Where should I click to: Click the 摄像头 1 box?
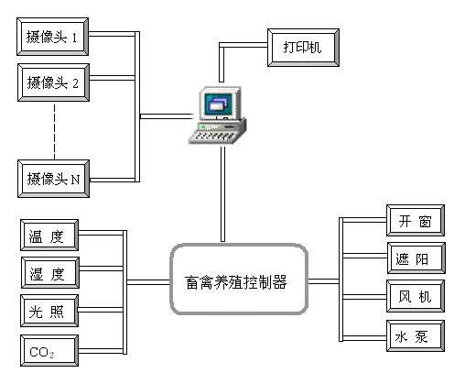pyautogui.click(x=52, y=37)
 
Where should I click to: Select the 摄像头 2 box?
pyautogui.click(x=53, y=82)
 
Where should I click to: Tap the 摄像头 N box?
pyautogui.click(x=53, y=179)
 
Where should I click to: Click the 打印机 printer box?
pyautogui.click(x=303, y=48)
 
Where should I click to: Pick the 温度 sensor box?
pyautogui.click(x=49, y=235)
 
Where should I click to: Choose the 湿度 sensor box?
pyautogui.click(x=50, y=272)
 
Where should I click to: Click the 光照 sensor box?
pyautogui.click(x=49, y=311)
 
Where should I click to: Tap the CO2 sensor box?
pyautogui.click(x=49, y=351)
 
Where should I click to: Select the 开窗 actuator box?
pyautogui.click(x=416, y=220)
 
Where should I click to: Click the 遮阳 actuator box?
pyautogui.click(x=416, y=258)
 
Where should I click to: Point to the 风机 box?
pyautogui.click(x=416, y=296)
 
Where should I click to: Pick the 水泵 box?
pyautogui.click(x=416, y=336)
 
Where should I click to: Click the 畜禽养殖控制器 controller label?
pyautogui.click(x=236, y=282)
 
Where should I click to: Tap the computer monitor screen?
pyautogui.click(x=219, y=104)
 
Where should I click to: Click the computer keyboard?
pyautogui.click(x=213, y=136)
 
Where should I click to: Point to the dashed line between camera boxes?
pyautogui.click(x=54, y=131)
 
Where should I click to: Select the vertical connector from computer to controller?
pyautogui.click(x=222, y=194)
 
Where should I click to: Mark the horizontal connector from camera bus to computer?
pyautogui.click(x=168, y=116)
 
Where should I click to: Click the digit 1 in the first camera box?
pyautogui.click(x=74, y=38)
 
